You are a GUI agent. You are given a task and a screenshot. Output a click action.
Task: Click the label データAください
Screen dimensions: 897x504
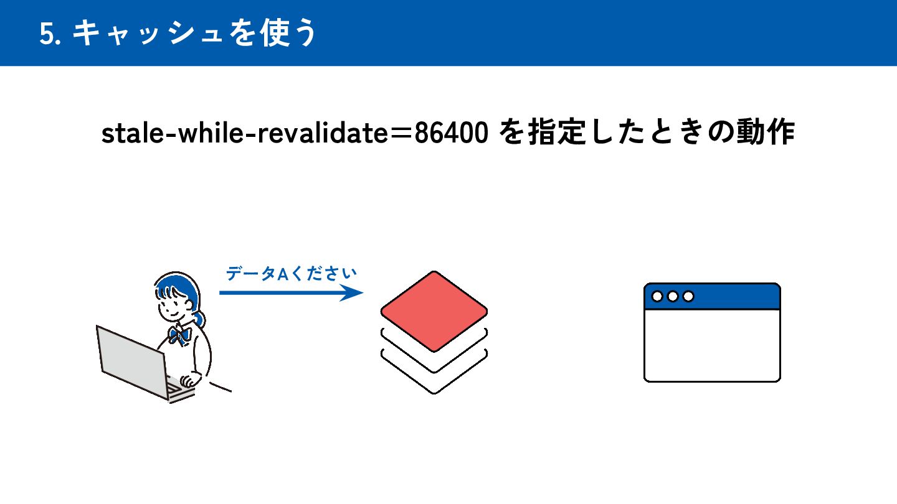(x=292, y=274)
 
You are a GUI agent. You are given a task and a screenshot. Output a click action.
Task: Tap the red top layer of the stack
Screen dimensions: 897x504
(x=434, y=311)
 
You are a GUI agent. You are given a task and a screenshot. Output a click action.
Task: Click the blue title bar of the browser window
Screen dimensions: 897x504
(x=735, y=297)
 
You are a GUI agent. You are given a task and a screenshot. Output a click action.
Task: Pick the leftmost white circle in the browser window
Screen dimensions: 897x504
(x=657, y=297)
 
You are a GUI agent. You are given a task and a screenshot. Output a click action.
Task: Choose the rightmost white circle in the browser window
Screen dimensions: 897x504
(x=688, y=297)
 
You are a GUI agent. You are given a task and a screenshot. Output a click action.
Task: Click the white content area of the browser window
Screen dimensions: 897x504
(x=712, y=345)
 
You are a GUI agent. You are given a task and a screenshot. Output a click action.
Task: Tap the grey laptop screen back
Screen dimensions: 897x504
(x=131, y=358)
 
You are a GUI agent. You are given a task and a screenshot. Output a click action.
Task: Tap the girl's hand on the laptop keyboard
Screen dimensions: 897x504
(x=187, y=381)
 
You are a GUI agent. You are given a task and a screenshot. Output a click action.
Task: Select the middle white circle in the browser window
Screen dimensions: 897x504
(x=673, y=297)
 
